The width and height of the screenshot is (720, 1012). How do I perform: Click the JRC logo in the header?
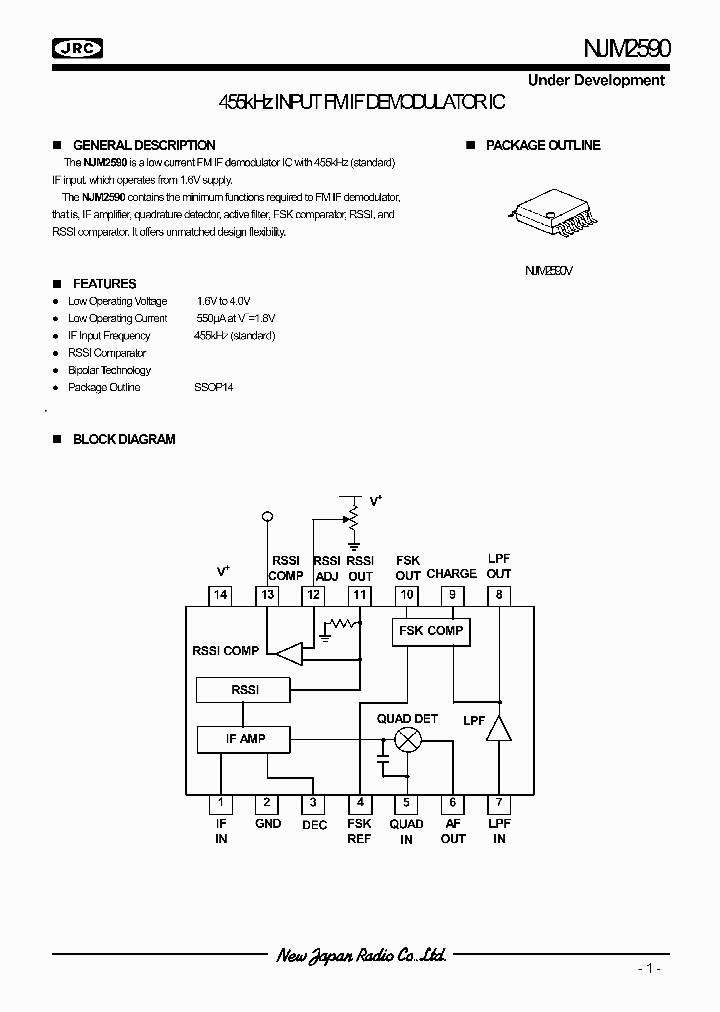point(78,47)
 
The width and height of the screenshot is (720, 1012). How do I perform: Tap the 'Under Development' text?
point(596,80)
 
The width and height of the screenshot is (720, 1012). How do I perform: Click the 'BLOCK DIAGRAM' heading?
point(124,439)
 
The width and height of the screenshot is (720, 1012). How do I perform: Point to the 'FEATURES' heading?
point(104,284)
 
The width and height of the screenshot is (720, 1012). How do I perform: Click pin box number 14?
point(221,595)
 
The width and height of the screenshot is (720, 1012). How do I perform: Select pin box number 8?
point(499,595)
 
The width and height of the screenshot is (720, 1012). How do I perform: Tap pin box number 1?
point(221,802)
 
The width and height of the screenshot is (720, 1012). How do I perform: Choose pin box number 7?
point(499,802)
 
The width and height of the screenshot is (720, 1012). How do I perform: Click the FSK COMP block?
point(431,631)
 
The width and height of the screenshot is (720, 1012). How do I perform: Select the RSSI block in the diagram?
point(244,689)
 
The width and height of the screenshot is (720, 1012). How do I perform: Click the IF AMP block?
point(245,739)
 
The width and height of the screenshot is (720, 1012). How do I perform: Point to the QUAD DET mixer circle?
point(407,740)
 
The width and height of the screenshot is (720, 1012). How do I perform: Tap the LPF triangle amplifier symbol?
point(498,729)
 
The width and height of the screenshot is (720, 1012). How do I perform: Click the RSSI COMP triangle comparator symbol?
point(289,654)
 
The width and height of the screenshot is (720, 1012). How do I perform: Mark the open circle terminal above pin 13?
point(267,516)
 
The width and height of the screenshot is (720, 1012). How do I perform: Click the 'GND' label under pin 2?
point(267,824)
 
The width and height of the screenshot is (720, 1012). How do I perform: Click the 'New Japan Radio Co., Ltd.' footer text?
point(361,956)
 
